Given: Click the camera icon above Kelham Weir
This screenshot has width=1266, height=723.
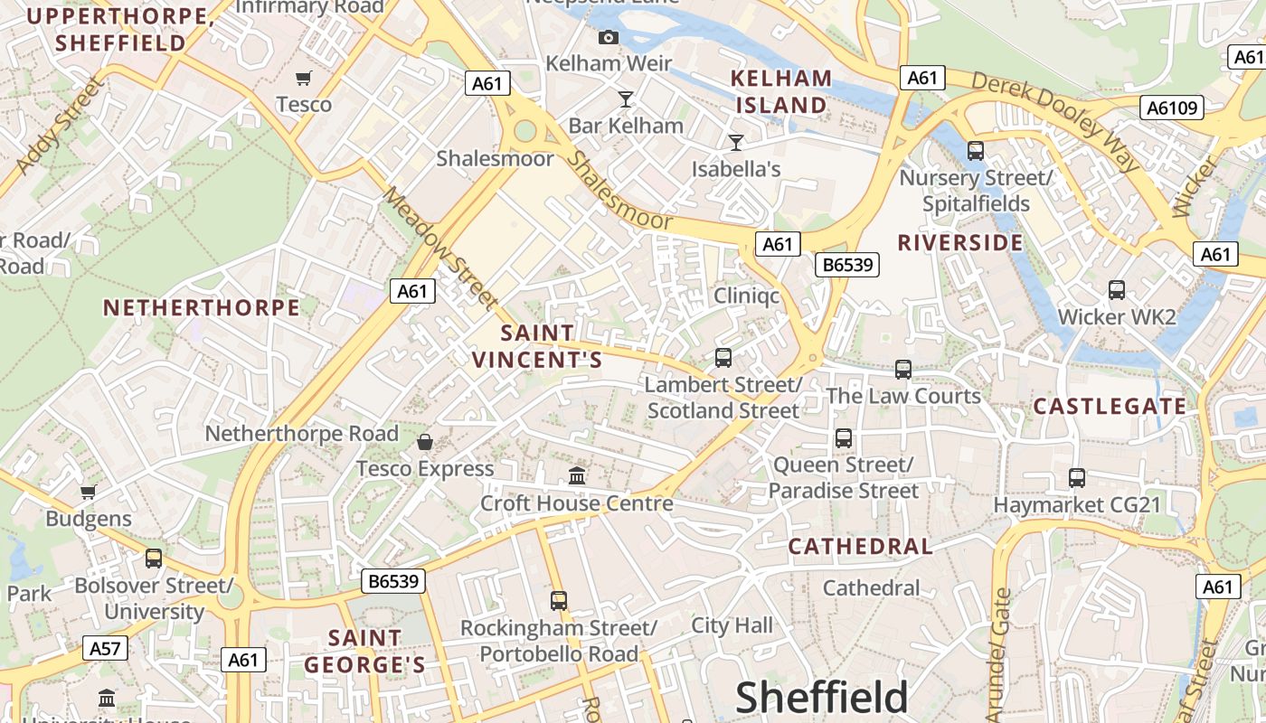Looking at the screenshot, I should coord(609,37).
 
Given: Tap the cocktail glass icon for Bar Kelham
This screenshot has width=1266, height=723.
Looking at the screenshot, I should coord(625,99).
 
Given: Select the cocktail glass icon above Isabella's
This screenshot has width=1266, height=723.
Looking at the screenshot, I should coord(736,142).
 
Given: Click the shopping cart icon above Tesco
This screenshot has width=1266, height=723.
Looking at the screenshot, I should coord(304,79).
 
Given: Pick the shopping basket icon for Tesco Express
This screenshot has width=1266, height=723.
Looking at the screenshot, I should coord(425,442).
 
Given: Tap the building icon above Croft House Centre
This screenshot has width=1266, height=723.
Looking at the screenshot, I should coord(577,475).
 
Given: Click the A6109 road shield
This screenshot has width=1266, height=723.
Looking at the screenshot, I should coord(1172,108).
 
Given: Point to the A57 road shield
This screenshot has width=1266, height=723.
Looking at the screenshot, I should coord(106,648).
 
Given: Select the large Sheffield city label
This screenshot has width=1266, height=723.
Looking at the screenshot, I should coord(821,698).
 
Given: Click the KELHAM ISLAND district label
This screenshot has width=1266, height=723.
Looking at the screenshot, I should coord(781,91).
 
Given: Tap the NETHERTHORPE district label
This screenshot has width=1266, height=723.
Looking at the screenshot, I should coord(201,307).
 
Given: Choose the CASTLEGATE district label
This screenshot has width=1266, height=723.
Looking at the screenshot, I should coord(1110,407).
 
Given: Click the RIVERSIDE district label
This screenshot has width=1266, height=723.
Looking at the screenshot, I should coord(960,242).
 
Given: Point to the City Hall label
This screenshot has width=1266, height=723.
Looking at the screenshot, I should coord(732,625).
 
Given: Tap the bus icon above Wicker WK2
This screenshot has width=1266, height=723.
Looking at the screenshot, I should coord(1117,290).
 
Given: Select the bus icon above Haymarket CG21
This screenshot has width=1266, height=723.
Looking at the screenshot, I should coord(1076,477).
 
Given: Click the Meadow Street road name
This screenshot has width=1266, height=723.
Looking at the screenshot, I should coord(440,246).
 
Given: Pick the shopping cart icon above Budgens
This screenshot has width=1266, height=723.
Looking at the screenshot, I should coord(89,493).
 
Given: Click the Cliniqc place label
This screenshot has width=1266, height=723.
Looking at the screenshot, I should coord(746,296).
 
